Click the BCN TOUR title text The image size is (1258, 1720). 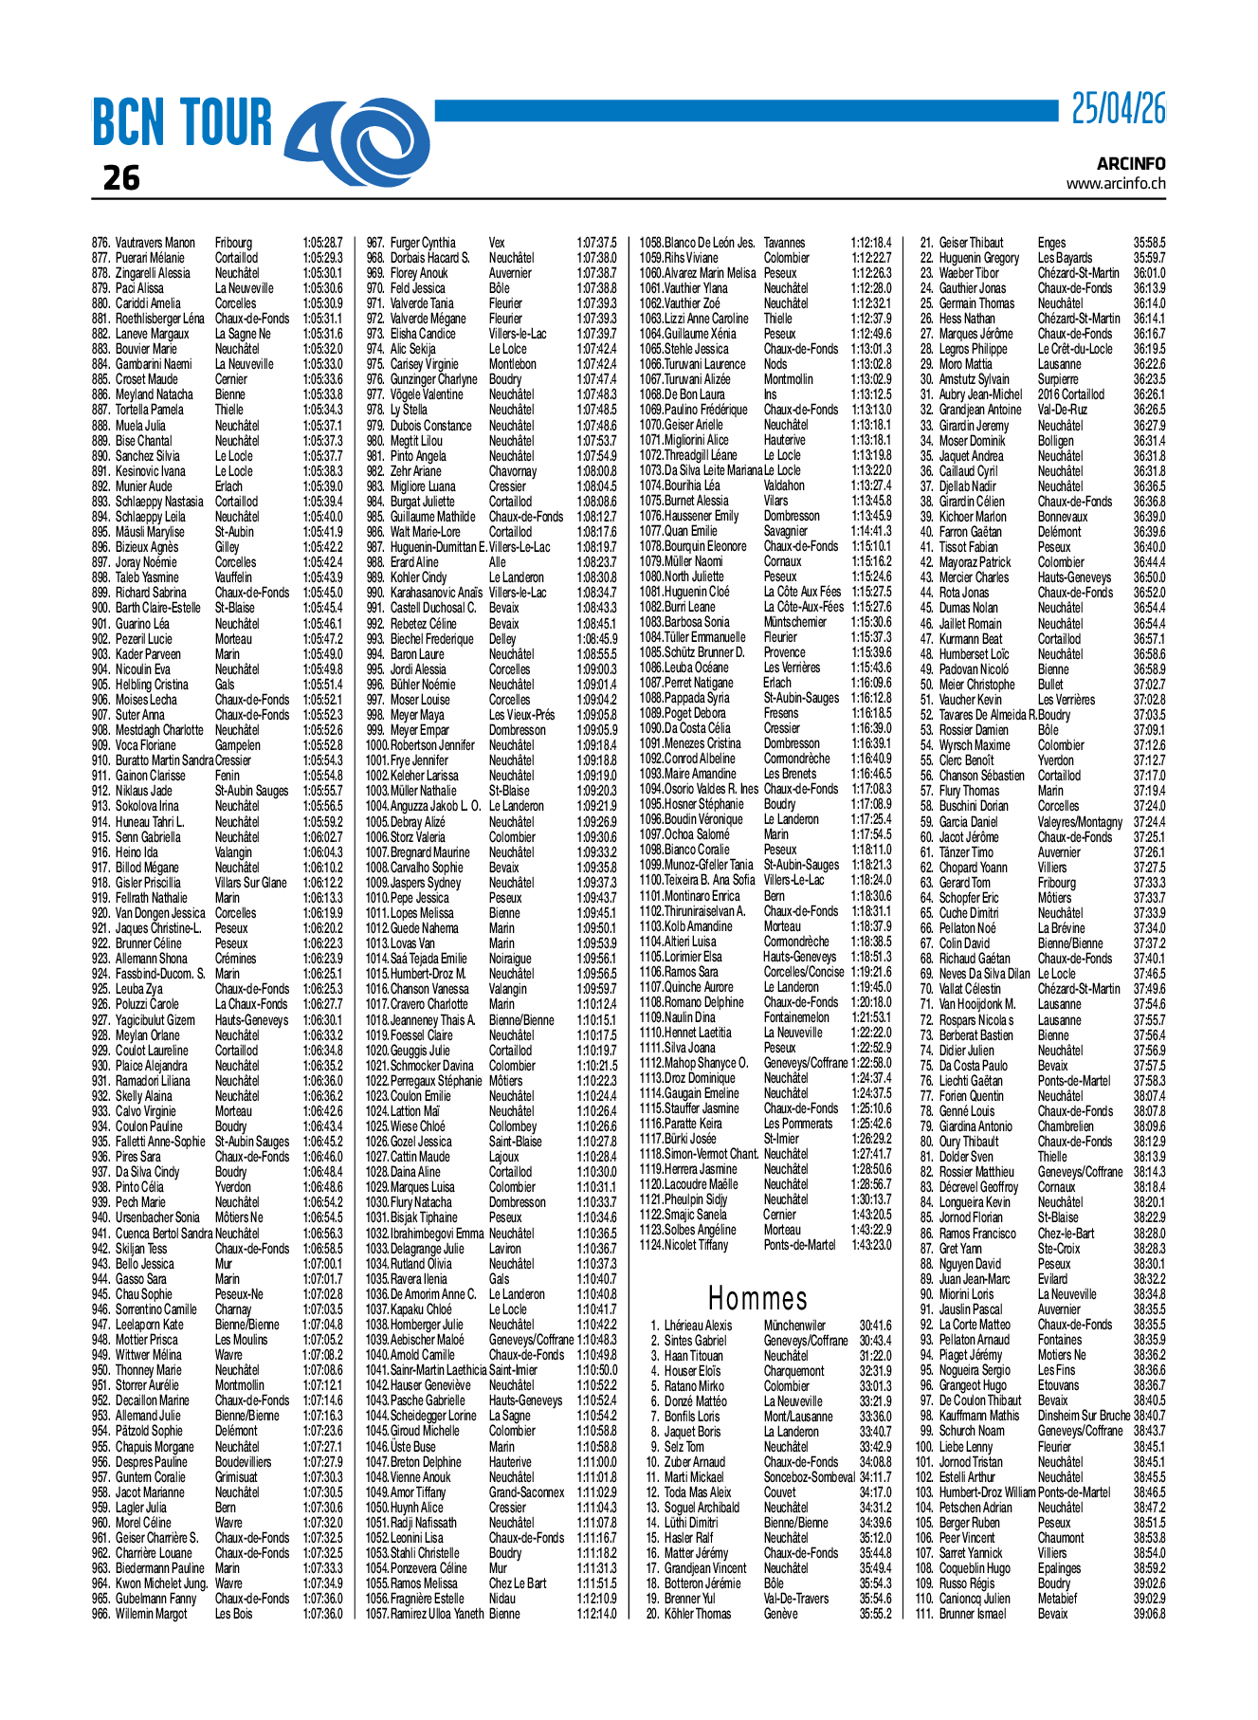click(182, 123)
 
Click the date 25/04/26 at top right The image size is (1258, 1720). click(1118, 110)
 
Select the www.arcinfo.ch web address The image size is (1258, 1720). click(1116, 183)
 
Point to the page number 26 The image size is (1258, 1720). click(121, 178)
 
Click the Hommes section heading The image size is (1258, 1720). click(757, 1298)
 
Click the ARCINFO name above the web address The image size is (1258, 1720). click(1131, 163)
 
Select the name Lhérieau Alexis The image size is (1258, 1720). click(698, 1326)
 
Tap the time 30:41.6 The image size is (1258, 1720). click(875, 1326)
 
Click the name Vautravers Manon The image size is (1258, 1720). click(155, 243)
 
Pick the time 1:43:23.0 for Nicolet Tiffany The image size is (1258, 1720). click(871, 1245)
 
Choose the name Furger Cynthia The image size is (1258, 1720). click(423, 243)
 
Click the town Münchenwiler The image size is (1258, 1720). click(794, 1326)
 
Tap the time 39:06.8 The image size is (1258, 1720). click(1149, 1614)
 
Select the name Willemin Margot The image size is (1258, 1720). click(151, 1614)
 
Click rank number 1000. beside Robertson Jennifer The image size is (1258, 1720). click(376, 745)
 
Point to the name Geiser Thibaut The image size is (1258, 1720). click(971, 243)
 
